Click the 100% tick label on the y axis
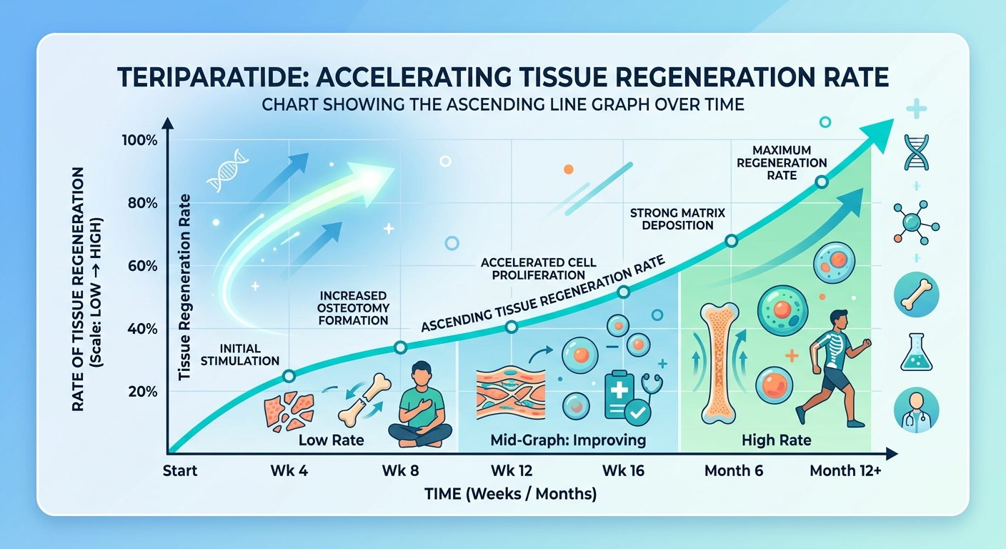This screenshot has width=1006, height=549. [x=139, y=140]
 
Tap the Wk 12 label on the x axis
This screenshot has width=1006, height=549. [x=512, y=470]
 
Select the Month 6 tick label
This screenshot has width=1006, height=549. [x=733, y=470]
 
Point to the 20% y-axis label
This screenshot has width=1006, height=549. [x=143, y=392]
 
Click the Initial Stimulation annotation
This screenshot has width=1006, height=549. [x=240, y=355]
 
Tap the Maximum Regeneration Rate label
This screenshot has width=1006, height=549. [x=782, y=163]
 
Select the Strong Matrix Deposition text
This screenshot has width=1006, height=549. [x=678, y=219]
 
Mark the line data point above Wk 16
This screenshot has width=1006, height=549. [x=623, y=292]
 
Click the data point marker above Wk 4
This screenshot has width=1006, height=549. [x=289, y=376]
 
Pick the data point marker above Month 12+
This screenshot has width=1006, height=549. [x=822, y=182]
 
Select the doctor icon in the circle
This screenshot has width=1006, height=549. [x=916, y=410]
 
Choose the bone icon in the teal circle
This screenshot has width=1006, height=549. [x=916, y=295]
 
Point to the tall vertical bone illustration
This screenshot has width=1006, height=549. [x=719, y=363]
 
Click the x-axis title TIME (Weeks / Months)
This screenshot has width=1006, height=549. [x=511, y=494]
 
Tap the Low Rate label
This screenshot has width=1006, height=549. [x=331, y=440]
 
